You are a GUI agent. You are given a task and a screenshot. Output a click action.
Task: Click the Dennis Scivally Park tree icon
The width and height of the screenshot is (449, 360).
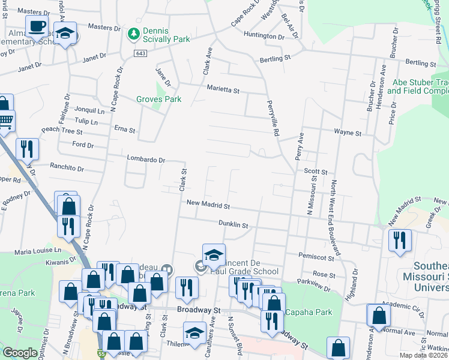pyautogui.click(x=133, y=33)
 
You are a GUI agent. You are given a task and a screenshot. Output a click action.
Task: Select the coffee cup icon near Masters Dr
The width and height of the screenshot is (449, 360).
pyautogui.click(x=38, y=27)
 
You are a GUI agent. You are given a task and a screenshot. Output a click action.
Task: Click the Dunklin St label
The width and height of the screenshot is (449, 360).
pyautogui.click(x=234, y=224)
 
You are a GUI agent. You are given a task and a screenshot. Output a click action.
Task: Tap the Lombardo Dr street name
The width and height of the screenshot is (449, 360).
pyautogui.click(x=146, y=159)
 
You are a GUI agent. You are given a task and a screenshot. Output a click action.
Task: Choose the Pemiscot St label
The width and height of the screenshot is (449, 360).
pyautogui.click(x=316, y=256)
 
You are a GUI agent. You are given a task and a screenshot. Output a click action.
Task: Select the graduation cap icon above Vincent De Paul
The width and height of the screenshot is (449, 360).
pyautogui.click(x=214, y=254)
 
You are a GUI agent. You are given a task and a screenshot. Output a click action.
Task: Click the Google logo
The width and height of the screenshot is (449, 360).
pyautogui.click(x=20, y=353)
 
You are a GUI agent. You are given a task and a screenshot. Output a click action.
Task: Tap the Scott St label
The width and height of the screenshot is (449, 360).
pyautogui.click(x=315, y=172)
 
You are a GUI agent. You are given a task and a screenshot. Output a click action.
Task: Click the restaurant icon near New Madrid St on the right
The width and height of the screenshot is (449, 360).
pyautogui.click(x=400, y=241)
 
